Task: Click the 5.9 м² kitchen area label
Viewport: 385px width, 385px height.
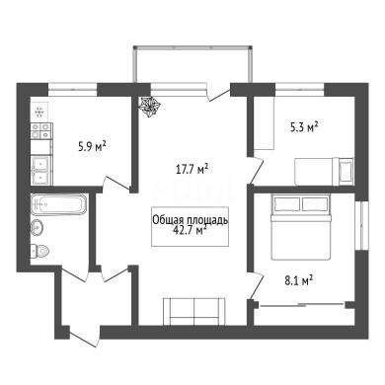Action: pos(92,146)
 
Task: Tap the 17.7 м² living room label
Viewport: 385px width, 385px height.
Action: pos(192,170)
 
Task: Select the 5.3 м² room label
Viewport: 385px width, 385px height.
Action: pos(304,126)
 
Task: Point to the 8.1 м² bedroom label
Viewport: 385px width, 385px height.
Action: pos(298,280)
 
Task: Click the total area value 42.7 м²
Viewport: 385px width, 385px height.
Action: pos(190,230)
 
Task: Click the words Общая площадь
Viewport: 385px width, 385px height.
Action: pos(190,220)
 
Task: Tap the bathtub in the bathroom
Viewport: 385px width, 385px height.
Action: pos(59,204)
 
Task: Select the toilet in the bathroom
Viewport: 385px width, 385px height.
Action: pos(39,252)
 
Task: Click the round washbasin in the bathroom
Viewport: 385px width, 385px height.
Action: pos(37,227)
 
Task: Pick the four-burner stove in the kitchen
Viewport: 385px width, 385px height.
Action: pos(41,130)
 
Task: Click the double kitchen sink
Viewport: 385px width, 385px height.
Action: pos(41,170)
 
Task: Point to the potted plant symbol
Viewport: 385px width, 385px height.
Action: pos(149,107)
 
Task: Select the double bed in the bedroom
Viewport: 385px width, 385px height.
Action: pos(300,227)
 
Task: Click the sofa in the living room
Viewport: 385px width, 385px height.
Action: pos(194,311)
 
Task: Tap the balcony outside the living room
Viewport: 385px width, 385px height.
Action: pos(192,64)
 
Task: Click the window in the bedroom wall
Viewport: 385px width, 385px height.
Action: pos(361,225)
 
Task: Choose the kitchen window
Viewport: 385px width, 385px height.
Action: pos(73,89)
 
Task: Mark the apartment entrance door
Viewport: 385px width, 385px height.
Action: pos(84,339)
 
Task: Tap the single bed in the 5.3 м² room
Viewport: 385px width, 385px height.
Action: pos(324,172)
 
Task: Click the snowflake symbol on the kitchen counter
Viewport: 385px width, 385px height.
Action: pos(39,113)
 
